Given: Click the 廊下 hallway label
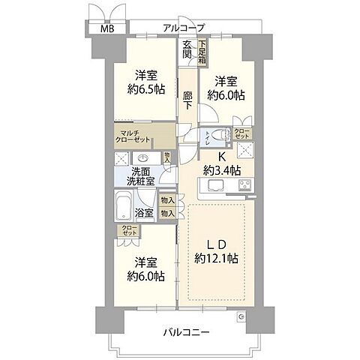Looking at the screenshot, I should [x=187, y=100].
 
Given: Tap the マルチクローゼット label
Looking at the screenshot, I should [x=136, y=136].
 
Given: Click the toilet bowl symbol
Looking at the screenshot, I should [x=220, y=136].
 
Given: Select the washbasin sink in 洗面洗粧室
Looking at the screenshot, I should [x=142, y=158].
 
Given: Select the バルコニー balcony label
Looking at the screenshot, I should [x=184, y=331].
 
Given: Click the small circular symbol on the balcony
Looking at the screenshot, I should [x=241, y=317].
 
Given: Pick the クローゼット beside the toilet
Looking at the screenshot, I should [x=242, y=133].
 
